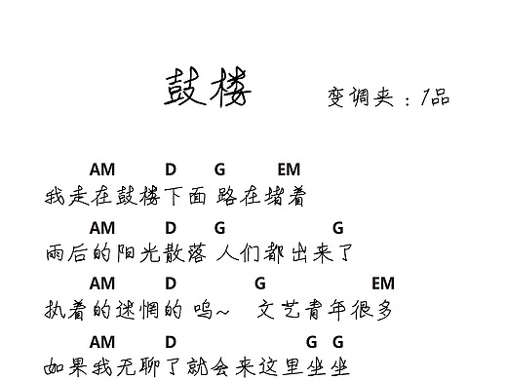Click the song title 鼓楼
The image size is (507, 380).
(208, 89)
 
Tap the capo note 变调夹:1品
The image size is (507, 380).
(389, 96)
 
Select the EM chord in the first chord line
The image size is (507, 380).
(289, 170)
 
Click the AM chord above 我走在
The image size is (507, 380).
(101, 170)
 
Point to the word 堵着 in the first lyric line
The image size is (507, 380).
(287, 198)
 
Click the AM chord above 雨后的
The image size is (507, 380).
(101, 227)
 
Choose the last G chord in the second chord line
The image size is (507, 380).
(337, 227)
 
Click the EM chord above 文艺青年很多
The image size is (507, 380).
(382, 284)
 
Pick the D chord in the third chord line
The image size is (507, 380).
(171, 284)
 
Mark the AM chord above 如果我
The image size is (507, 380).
(101, 341)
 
